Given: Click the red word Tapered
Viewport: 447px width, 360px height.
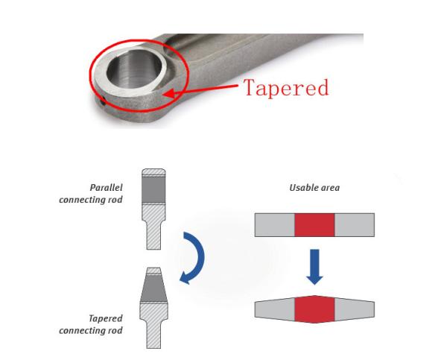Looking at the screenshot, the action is pos(286,87).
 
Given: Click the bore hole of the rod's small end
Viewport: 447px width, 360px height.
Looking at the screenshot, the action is pos(134,69).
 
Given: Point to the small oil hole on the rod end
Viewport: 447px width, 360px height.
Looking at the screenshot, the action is pos(102,101).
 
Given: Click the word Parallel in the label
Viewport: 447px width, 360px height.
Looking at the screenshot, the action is pos(106,188).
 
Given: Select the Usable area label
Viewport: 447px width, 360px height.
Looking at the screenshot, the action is pos(314,188).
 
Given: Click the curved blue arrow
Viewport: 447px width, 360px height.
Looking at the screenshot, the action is pos(192,258).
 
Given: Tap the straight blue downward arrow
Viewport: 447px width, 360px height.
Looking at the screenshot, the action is pos(314,267).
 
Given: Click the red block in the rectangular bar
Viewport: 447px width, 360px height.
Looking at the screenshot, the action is pos(314,225).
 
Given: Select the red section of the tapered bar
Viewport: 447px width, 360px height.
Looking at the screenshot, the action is pos(314,309).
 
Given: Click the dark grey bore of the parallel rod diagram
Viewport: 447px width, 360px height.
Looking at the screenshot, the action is pos(153,190).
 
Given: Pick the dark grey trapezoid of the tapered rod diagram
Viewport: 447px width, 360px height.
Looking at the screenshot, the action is pos(154,288).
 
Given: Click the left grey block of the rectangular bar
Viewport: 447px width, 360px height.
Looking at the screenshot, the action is pos(275,225).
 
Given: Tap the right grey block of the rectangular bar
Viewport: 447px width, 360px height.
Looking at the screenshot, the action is pos(355,225).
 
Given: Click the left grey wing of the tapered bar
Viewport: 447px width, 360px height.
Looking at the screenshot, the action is pos(275,309).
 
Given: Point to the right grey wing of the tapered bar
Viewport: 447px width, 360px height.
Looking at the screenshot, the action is pos(355,309).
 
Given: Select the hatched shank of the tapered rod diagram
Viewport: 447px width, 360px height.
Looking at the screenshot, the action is pos(153,326).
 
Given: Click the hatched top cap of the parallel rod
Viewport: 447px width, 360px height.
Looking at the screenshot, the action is pos(153,172).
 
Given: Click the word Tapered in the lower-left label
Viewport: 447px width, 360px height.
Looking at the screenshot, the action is pos(106,318).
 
